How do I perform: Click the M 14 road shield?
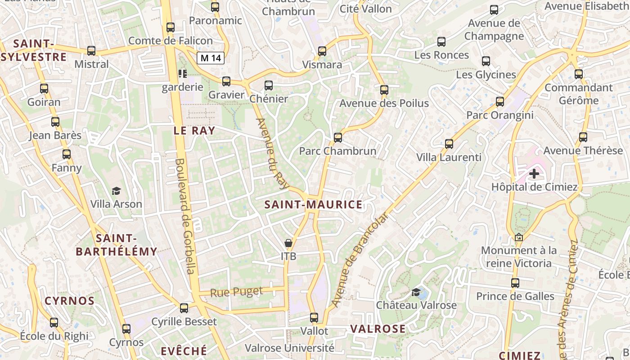[x=211, y=58]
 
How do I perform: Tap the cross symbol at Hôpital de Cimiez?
[x=534, y=173]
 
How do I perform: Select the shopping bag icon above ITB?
[x=288, y=243]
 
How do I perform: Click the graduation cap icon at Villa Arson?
[x=116, y=191]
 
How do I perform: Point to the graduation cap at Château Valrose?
[x=416, y=292]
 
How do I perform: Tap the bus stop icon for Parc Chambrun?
[x=338, y=137]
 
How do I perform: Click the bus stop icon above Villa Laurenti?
[x=449, y=144]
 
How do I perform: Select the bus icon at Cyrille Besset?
[x=184, y=308]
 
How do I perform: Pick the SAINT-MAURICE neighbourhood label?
[x=313, y=205]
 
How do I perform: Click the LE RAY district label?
[x=194, y=130]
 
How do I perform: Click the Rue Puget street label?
[x=237, y=292]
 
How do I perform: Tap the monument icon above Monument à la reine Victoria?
[x=519, y=237]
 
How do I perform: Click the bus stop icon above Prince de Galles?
[x=515, y=283]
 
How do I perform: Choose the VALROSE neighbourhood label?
[x=378, y=329]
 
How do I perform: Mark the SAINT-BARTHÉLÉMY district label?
[x=117, y=245]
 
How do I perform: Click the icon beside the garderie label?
[x=182, y=73]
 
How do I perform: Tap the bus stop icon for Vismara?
[x=322, y=51]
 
